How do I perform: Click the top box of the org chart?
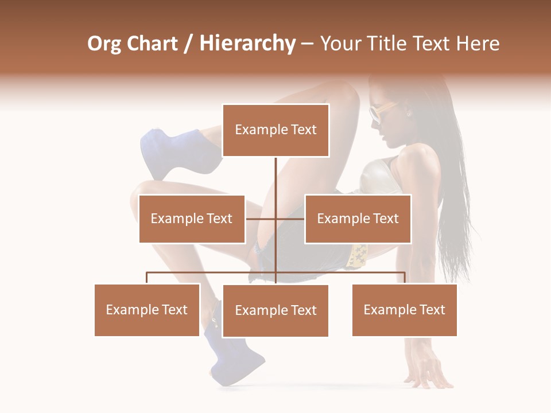[275, 130]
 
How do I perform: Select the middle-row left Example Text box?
[192, 219]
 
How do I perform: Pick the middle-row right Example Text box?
[358, 219]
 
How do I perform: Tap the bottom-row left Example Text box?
[147, 310]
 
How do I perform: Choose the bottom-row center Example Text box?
[275, 310]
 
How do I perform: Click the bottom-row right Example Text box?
[404, 310]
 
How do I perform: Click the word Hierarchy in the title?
[247, 44]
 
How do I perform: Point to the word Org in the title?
[104, 44]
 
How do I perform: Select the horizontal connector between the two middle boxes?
[275, 219]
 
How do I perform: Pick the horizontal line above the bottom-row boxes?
[275, 272]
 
